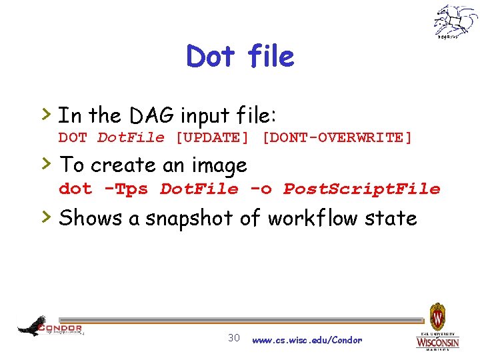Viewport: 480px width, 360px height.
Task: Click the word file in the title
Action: (270, 57)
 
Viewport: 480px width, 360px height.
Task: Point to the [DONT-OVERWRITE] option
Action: (337, 138)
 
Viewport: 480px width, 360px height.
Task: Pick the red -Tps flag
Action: (126, 189)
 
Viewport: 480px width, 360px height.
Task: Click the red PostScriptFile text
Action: (362, 189)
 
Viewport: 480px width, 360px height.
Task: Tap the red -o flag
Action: (261, 189)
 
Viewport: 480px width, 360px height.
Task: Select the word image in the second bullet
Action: (218, 165)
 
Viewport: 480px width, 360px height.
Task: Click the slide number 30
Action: (234, 337)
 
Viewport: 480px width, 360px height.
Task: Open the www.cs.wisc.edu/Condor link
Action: (307, 340)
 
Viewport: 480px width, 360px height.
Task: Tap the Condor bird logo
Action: (33, 326)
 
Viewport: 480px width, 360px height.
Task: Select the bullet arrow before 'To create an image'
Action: (47, 163)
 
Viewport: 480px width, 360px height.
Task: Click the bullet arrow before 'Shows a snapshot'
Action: (47, 216)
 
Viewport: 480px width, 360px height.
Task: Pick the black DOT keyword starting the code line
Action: (73, 138)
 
